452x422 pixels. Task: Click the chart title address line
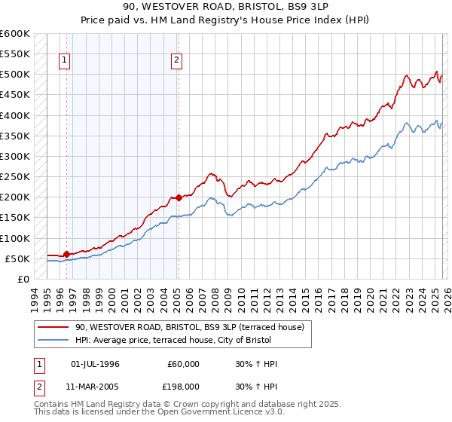point(225,5)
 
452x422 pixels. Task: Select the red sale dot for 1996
point(66,254)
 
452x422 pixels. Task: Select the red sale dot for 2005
point(179,198)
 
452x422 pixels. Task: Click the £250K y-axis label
point(15,176)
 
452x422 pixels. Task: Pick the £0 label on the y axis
point(23,279)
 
